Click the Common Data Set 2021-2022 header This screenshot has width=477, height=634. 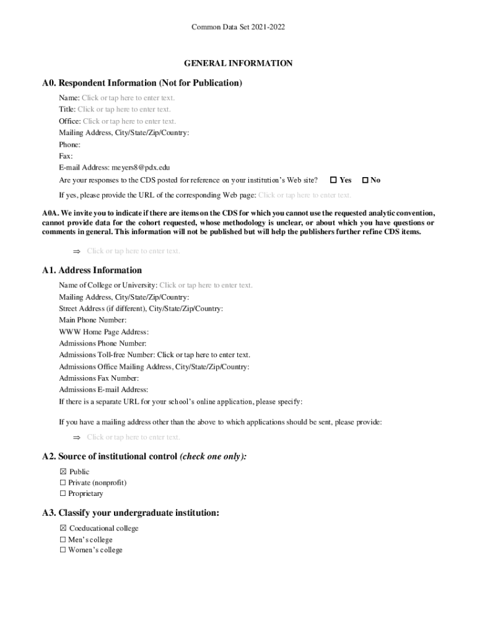(x=238, y=27)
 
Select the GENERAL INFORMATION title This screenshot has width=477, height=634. (x=238, y=63)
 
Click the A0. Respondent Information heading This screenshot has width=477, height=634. (x=142, y=83)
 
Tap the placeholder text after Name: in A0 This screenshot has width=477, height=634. (x=128, y=98)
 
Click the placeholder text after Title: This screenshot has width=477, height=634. (x=124, y=110)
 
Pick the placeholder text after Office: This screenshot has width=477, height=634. (x=129, y=121)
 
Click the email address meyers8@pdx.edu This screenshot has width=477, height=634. (x=141, y=167)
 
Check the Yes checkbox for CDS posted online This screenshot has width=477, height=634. (x=333, y=180)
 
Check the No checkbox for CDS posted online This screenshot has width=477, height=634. (x=365, y=180)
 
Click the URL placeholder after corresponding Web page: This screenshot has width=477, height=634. (x=304, y=195)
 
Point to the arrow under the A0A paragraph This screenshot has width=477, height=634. (x=77, y=251)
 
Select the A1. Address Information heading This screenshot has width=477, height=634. (x=92, y=271)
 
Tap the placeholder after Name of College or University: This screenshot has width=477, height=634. (x=206, y=285)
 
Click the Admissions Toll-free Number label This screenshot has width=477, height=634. (x=107, y=355)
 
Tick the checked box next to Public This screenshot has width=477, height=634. (x=63, y=472)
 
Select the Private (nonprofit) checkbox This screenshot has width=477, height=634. (x=63, y=483)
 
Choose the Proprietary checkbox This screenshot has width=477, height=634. (x=63, y=494)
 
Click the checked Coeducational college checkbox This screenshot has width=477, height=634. (x=63, y=529)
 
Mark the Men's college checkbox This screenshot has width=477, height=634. (x=63, y=540)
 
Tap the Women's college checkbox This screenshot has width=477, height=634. (x=63, y=550)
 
